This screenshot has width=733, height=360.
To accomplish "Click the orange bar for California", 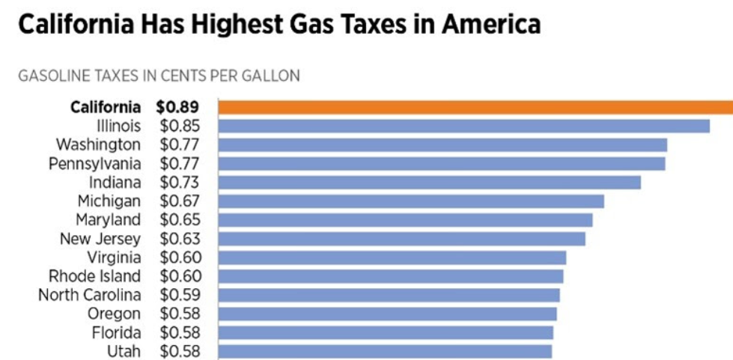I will [475, 107].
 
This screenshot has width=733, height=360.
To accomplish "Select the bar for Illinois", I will [464, 126].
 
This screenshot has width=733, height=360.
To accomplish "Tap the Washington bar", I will [442, 144].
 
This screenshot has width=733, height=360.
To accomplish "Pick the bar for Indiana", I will [430, 182].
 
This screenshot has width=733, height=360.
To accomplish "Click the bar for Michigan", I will [411, 201].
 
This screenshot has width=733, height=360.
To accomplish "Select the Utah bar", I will [385, 351].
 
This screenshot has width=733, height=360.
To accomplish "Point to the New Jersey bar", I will [402, 239].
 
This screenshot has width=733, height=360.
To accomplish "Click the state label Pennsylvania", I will [94, 163].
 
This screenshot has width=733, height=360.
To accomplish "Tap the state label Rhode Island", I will [94, 276].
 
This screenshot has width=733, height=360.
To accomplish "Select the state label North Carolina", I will [89, 295].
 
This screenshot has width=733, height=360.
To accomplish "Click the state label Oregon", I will [114, 314].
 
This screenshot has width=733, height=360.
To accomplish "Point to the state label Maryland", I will [108, 220].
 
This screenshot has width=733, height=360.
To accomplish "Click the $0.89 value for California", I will [177, 107].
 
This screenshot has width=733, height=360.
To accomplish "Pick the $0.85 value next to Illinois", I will [178, 126].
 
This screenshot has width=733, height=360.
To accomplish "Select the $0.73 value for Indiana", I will [178, 182].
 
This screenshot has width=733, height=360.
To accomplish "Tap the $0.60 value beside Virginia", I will [178, 257].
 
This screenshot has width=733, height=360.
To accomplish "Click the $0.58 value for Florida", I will [178, 332].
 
